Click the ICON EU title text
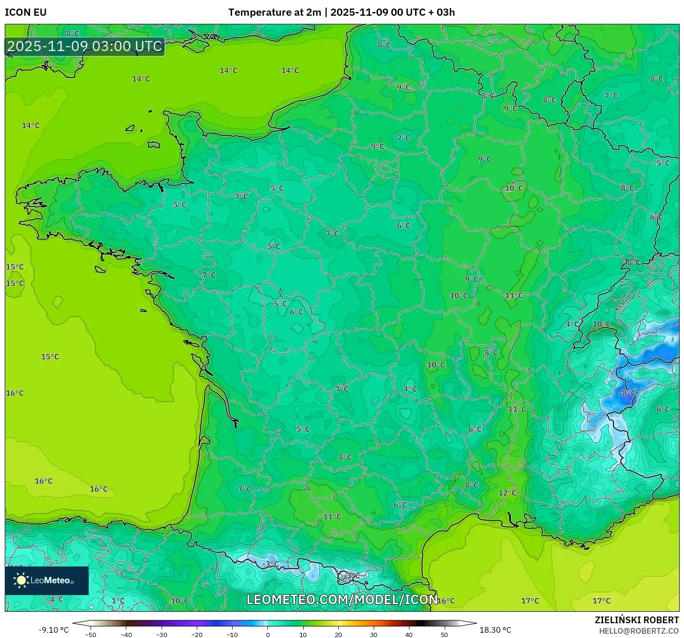(x=26, y=12)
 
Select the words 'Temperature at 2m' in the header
(x=275, y=12)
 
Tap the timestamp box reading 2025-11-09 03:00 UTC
(x=85, y=46)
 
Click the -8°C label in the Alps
(x=627, y=393)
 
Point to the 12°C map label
(x=507, y=493)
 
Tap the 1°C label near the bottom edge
(x=118, y=601)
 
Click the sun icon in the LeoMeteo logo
(x=21, y=580)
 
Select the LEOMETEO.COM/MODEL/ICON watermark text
(x=342, y=599)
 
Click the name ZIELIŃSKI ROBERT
(x=636, y=620)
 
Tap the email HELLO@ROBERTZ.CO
(x=639, y=631)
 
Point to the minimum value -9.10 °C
(x=53, y=630)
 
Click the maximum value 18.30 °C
(x=495, y=630)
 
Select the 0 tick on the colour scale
(x=268, y=634)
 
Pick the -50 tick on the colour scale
(x=91, y=634)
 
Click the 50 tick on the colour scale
(x=444, y=634)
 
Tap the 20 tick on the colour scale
(x=338, y=634)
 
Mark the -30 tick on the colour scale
(x=162, y=634)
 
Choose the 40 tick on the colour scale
(x=409, y=634)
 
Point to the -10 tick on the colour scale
(x=232, y=634)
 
